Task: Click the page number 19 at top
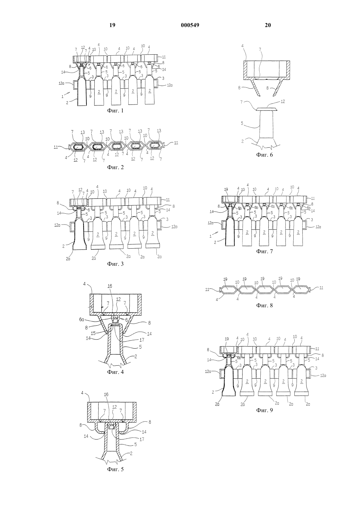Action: tap(112, 25)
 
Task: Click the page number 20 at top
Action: tap(268, 25)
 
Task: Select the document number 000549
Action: tap(190, 25)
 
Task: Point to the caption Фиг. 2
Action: tap(115, 167)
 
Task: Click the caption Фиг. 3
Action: tap(115, 264)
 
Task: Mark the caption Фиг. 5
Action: tap(115, 469)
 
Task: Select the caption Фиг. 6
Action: tap(264, 155)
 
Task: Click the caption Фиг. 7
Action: tap(264, 252)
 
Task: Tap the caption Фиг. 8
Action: tap(264, 306)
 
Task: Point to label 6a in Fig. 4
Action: tap(82, 320)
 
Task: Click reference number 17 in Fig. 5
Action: tap(142, 439)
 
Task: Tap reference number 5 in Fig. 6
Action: tap(242, 123)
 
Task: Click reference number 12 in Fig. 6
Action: tap(283, 101)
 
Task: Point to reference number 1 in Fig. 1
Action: tap(62, 97)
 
